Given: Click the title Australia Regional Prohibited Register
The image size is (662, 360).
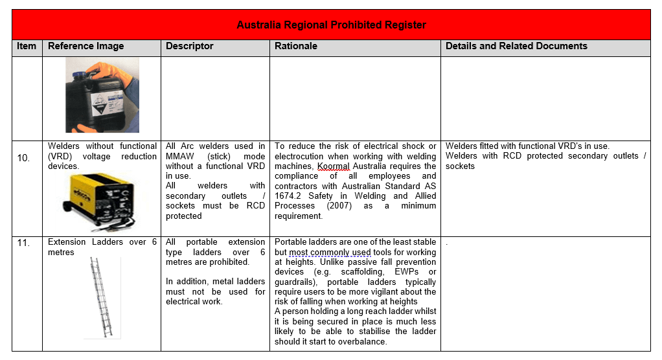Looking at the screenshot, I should pos(331,25).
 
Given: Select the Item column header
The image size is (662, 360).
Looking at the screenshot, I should pos(27,47).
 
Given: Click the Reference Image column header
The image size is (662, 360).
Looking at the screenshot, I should pos(86,47).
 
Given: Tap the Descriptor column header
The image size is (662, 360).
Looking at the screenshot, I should pos(189,47).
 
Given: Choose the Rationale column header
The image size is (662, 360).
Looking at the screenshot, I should pos(295,47).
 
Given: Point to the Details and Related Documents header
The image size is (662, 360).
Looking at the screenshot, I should pos(516,47).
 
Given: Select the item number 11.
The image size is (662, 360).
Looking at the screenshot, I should pos(23,242).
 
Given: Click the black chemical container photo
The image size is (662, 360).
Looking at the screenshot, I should pos(102,95).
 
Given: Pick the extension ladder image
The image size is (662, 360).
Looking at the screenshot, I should pos(102,297).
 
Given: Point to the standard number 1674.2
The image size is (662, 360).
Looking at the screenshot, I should pos(289,196).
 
